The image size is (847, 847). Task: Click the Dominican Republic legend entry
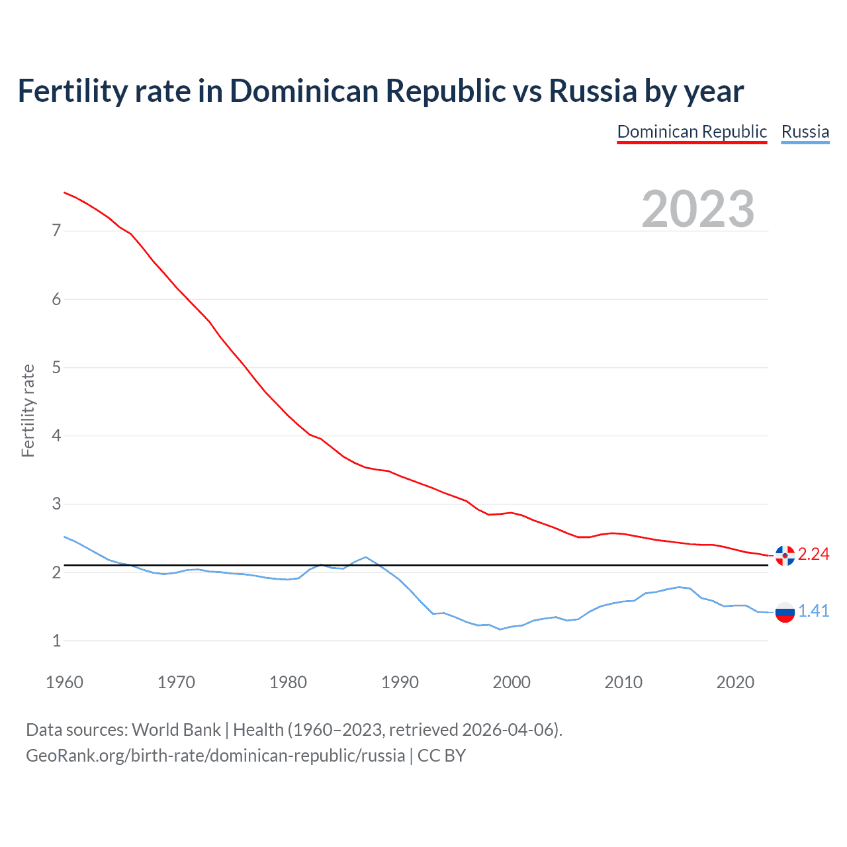(x=691, y=132)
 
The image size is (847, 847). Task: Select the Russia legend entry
(x=805, y=132)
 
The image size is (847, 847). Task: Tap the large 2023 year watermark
(x=697, y=209)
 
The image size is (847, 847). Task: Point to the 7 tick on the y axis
(x=56, y=231)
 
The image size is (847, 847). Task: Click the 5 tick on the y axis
(x=56, y=367)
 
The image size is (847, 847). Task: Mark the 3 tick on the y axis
(x=56, y=504)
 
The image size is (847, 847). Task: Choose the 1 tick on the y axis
(x=56, y=641)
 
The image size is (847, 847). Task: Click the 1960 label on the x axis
(x=64, y=682)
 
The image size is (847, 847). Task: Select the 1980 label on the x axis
(x=288, y=682)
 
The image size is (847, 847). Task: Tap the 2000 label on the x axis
(x=512, y=682)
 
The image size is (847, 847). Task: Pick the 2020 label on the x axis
(x=735, y=682)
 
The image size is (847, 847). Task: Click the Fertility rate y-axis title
(x=28, y=410)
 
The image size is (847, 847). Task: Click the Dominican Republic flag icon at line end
(x=785, y=555)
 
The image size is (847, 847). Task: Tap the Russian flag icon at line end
(x=785, y=613)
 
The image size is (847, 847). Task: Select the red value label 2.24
(x=813, y=555)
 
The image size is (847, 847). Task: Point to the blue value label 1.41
(x=813, y=611)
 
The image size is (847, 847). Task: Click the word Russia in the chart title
(x=593, y=91)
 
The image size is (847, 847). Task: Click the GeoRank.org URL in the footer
(x=215, y=756)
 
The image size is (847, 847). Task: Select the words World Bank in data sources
(x=176, y=730)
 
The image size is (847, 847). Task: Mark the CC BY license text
(x=441, y=756)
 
